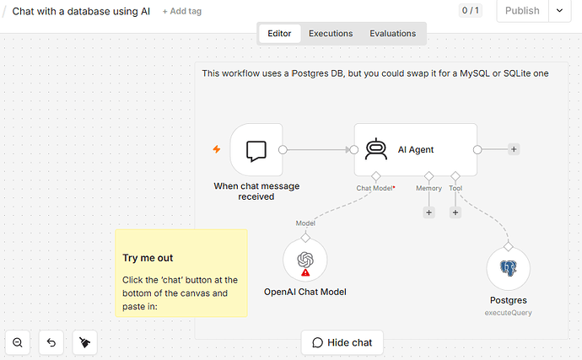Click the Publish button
(x=522, y=11)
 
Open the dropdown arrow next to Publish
(x=560, y=11)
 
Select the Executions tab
(x=331, y=34)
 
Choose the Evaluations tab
(x=393, y=34)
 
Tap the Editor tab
(x=279, y=34)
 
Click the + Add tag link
(x=182, y=11)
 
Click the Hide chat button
(x=342, y=342)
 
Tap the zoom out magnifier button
(x=18, y=342)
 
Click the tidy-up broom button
(x=85, y=342)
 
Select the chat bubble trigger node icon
(x=256, y=150)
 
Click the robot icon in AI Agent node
(x=376, y=149)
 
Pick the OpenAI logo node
(x=305, y=261)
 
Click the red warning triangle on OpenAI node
(x=305, y=273)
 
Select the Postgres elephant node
(x=508, y=269)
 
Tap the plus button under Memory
(x=428, y=212)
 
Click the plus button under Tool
(x=455, y=212)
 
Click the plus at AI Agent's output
(x=514, y=149)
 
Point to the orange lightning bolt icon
(x=217, y=149)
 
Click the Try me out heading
(x=148, y=258)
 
